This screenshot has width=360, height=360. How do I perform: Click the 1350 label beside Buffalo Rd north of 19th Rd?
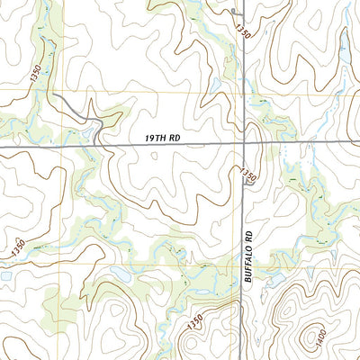click(x=242, y=31)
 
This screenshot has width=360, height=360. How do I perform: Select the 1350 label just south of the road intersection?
click(x=249, y=175)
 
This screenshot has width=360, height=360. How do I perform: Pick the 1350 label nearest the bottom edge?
click(x=195, y=321)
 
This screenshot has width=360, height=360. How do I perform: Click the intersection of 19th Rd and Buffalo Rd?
click(x=244, y=143)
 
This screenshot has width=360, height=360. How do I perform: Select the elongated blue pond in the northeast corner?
click(x=346, y=16)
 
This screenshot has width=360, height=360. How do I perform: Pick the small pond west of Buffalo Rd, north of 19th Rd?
click(x=216, y=86)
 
